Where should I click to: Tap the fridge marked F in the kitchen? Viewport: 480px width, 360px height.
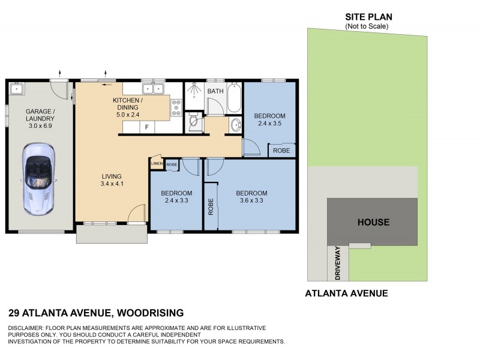(146, 127)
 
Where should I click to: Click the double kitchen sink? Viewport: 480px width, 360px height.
(159, 89)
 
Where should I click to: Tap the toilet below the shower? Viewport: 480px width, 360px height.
(192, 122)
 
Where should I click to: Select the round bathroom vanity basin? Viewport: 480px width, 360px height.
(236, 125)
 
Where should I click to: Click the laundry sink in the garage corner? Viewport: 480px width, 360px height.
(16, 89)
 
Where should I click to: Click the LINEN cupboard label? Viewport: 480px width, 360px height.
(157, 163)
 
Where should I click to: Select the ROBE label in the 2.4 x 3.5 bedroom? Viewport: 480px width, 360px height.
(281, 151)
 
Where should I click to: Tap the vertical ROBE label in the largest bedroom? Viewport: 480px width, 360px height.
(211, 206)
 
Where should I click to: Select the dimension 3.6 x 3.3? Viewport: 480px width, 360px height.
(251, 201)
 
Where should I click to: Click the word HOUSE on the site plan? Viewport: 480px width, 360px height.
(373, 222)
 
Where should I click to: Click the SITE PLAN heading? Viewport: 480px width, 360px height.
(368, 17)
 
